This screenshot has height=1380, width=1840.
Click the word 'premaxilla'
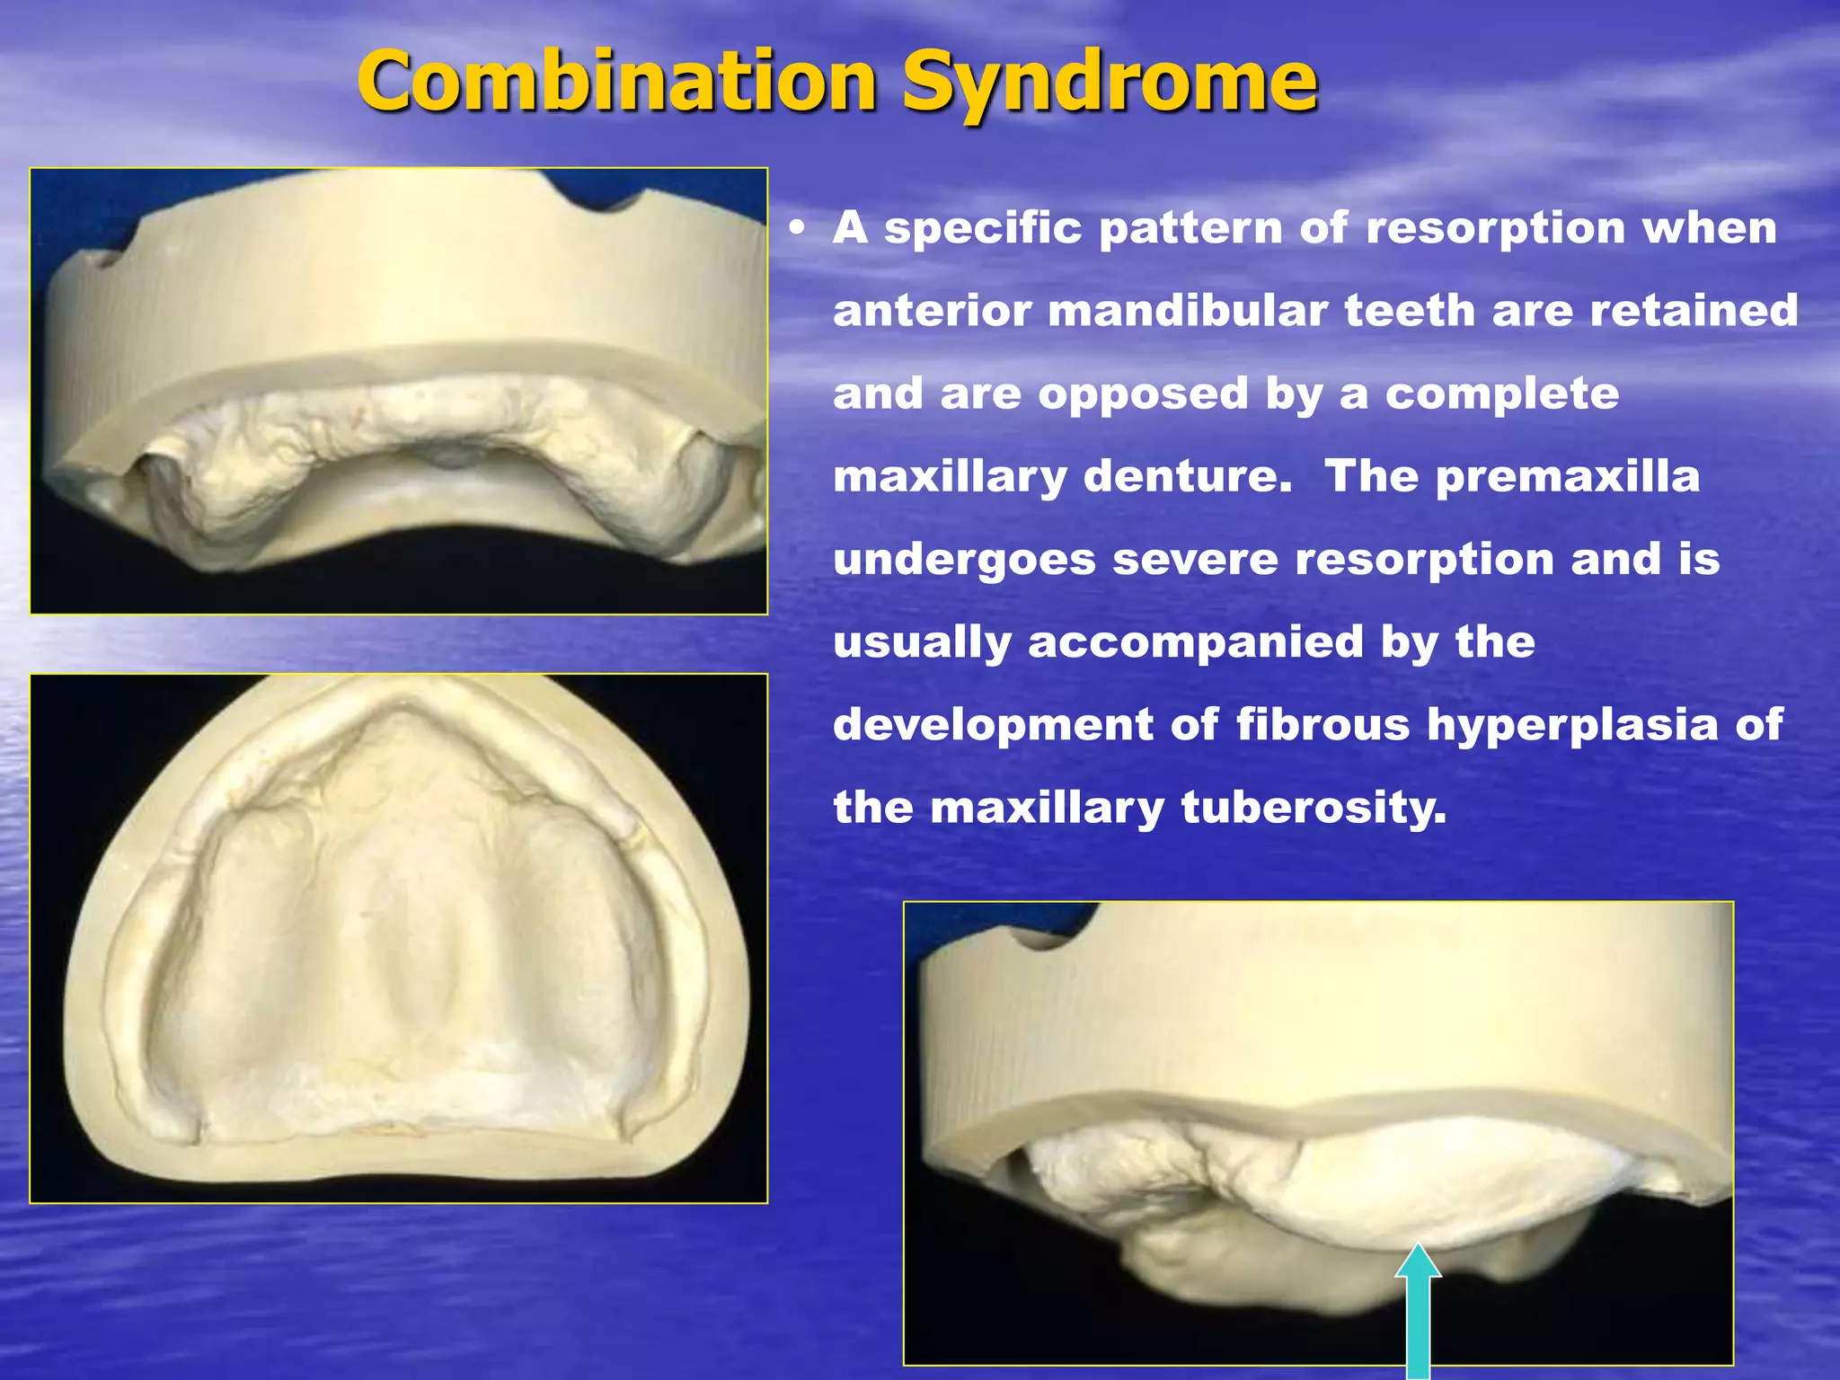point(1567,477)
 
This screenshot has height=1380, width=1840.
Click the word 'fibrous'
point(1322,725)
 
